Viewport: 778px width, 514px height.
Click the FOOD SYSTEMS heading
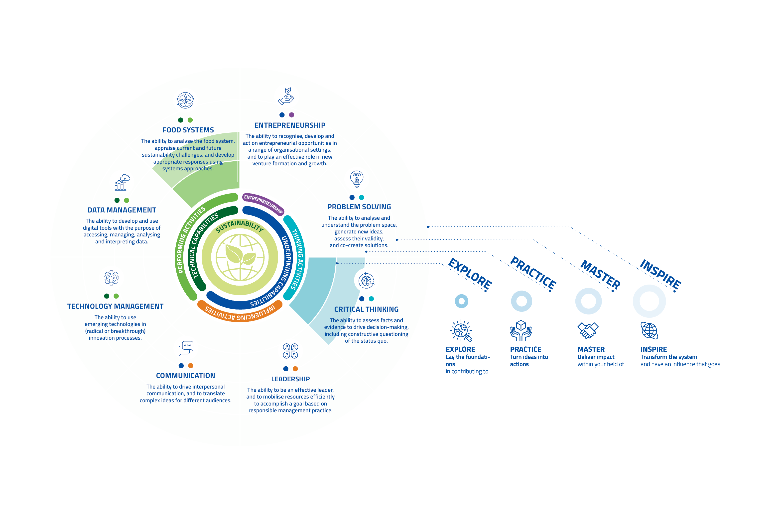pos(188,130)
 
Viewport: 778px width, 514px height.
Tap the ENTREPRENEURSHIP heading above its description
pos(290,125)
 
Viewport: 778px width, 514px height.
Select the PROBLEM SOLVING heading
pos(359,207)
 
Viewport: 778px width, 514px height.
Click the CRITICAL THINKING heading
pos(366,309)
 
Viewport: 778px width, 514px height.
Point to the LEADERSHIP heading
pos(290,379)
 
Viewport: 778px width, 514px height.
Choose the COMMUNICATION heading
pos(186,376)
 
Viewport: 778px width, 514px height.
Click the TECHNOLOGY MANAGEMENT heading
pos(115,306)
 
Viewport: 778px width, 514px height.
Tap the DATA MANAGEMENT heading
pos(122,210)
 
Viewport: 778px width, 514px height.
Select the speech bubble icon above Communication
pos(186,348)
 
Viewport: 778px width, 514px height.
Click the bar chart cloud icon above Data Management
pos(122,182)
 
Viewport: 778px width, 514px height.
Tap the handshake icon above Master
pos(588,330)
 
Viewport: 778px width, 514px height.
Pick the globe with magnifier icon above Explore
pos(461,330)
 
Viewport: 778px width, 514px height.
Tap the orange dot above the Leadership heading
pos(295,369)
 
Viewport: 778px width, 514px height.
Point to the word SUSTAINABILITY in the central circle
pos(240,226)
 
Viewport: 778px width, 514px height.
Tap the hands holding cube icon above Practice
pos(521,330)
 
